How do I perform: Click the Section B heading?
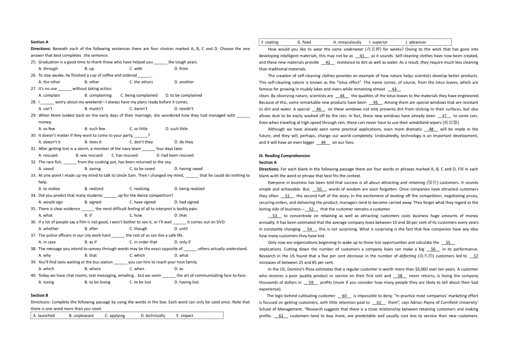click(39, 295)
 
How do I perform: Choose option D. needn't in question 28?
click(184, 109)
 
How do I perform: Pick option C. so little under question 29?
click(138, 128)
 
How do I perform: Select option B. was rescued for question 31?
click(89, 155)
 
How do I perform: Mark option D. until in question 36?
click(181, 229)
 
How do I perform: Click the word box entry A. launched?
click(44, 315)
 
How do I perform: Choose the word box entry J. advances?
click(415, 42)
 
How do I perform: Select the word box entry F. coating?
click(270, 42)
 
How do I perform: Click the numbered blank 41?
click(361, 56)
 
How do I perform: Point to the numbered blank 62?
click(281, 315)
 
